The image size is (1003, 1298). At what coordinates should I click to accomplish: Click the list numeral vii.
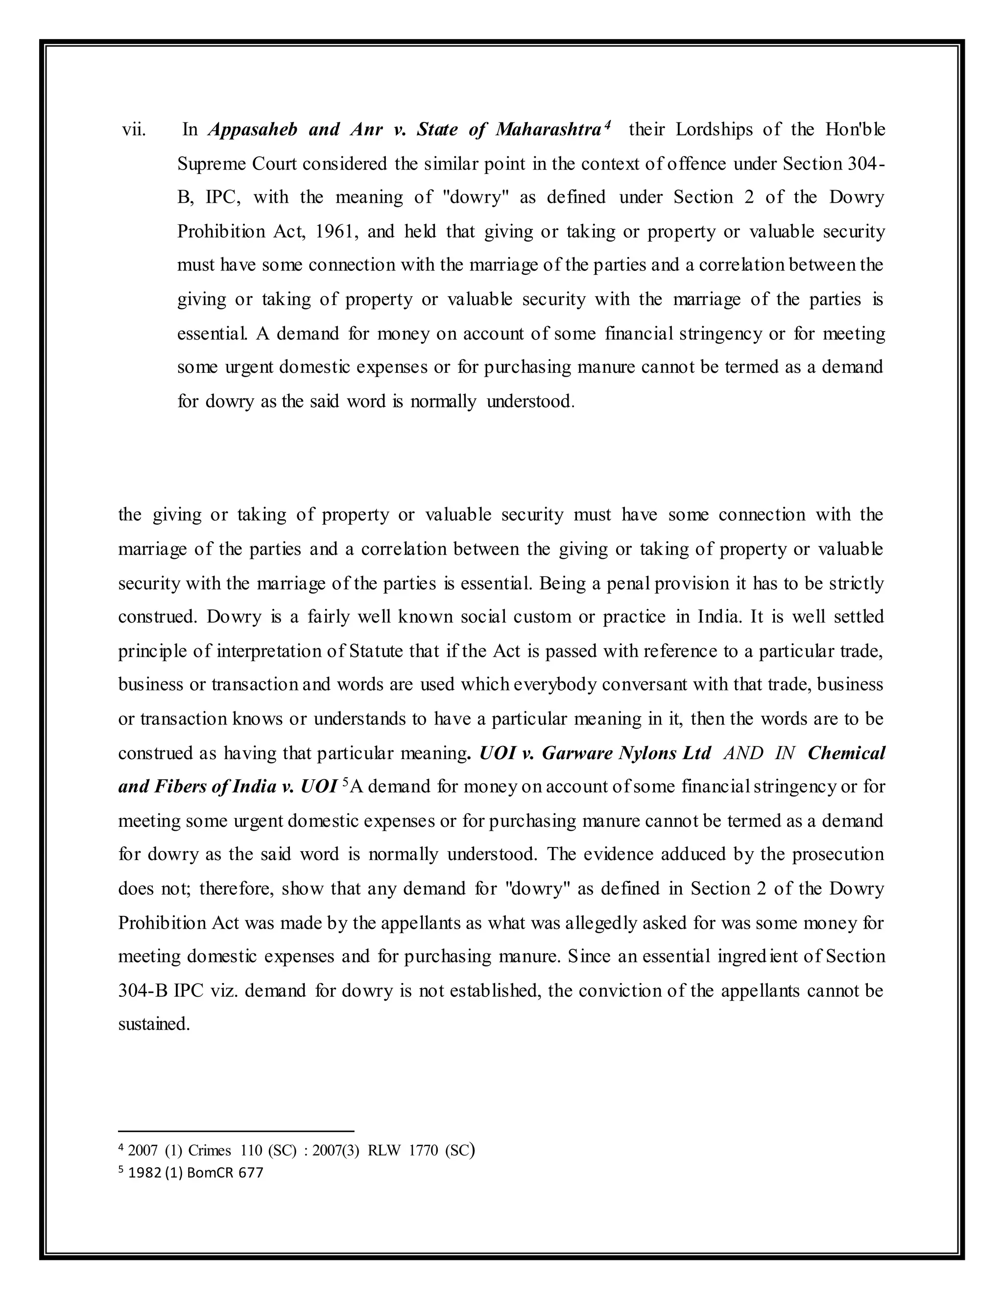point(134,130)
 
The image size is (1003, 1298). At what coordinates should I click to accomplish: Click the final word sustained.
point(154,1023)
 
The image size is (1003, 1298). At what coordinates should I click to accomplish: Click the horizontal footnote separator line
point(236,1131)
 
